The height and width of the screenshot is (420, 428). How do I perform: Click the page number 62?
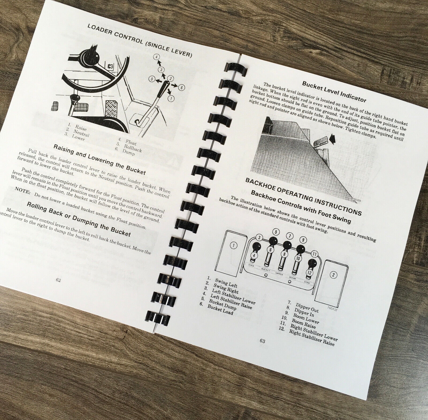click(58, 280)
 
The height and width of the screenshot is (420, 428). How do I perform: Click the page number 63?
click(262, 341)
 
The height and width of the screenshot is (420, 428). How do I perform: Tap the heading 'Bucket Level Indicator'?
click(334, 92)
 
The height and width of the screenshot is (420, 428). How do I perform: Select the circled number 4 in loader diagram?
click(157, 57)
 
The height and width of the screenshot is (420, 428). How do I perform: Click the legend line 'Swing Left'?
click(226, 282)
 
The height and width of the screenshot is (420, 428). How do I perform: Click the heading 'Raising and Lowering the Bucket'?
click(100, 159)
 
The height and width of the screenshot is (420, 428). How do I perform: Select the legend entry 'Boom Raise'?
click(303, 323)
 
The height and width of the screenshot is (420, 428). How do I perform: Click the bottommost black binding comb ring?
click(158, 317)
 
